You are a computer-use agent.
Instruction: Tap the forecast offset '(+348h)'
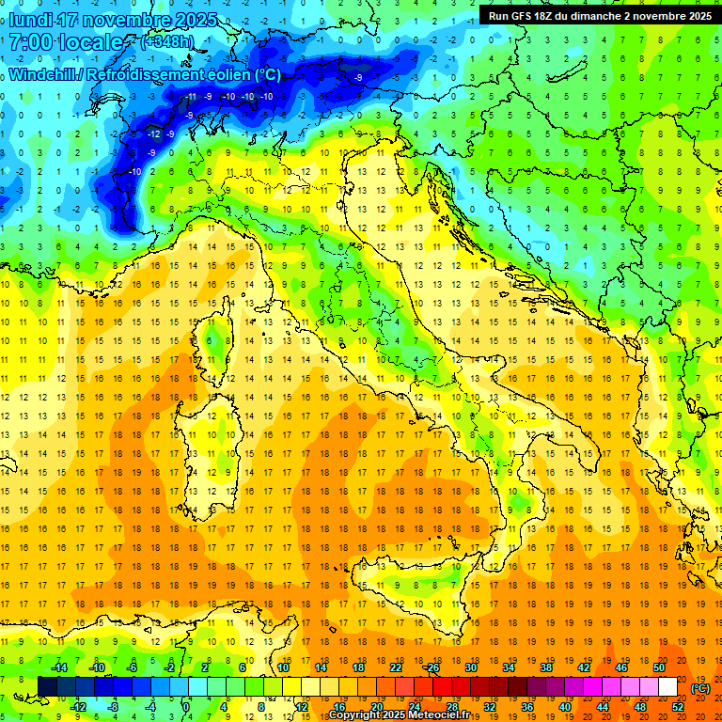[x=168, y=42]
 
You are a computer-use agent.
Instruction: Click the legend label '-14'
[x=58, y=667]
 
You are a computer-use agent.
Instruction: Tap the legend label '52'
[x=678, y=706]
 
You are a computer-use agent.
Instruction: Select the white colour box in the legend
[x=667, y=687]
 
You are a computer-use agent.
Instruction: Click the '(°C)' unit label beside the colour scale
[x=700, y=688]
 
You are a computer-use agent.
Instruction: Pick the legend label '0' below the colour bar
[x=186, y=706]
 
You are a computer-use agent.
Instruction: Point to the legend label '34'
[x=509, y=667]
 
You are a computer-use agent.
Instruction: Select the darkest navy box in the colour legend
[x=47, y=687]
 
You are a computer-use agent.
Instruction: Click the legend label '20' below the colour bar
[x=376, y=706]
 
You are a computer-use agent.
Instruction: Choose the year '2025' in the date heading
[x=195, y=20]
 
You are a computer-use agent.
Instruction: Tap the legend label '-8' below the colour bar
[x=114, y=706]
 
